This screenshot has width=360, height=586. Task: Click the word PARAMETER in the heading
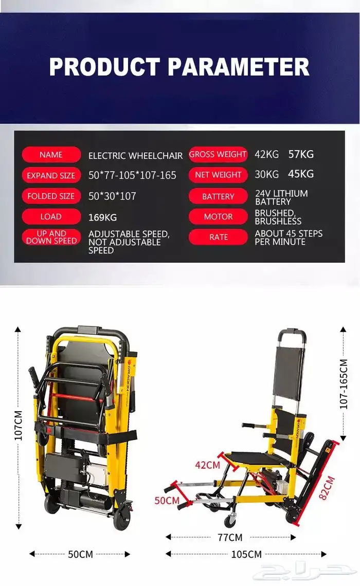point(239,67)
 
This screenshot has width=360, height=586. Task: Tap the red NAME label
point(51,155)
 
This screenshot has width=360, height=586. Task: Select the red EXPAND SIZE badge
point(51,175)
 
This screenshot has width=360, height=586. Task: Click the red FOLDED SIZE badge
point(51,196)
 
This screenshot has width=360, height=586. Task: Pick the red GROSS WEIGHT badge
point(218,154)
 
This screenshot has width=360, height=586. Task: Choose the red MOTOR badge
point(219,217)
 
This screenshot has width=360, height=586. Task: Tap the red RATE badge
point(219,237)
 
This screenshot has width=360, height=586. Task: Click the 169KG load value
point(102,217)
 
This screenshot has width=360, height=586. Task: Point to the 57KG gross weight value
point(301,154)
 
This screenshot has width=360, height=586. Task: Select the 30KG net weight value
point(266,174)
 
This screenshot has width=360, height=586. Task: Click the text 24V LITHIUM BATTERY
point(281,197)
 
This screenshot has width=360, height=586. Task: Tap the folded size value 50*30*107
point(112,196)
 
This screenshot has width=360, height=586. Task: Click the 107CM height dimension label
point(19,425)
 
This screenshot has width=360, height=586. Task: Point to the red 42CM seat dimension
point(207,465)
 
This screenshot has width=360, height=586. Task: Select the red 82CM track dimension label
point(327,488)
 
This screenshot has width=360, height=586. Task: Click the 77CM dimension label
point(230,537)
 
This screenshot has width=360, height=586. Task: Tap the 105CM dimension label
point(246,554)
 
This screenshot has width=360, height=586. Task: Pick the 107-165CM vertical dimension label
point(344,384)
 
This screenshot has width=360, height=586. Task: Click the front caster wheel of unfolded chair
point(230,521)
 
